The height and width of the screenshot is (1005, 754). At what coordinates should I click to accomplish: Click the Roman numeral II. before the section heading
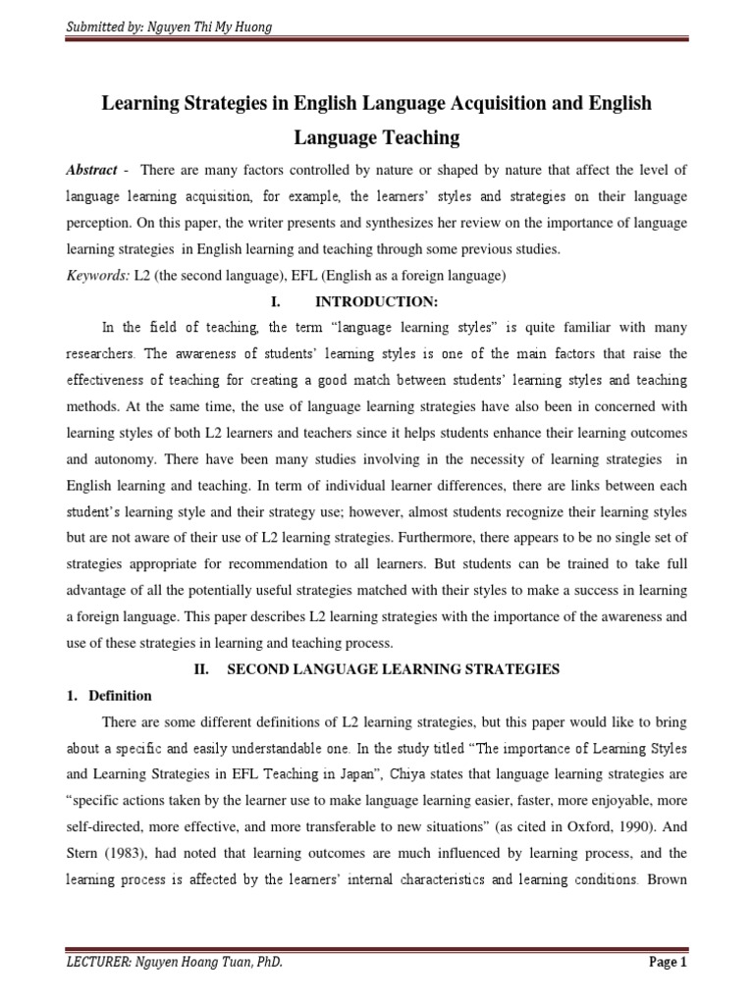196,669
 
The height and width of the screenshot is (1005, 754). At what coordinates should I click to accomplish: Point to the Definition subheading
120,696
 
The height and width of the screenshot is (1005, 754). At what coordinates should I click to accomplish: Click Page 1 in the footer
668,963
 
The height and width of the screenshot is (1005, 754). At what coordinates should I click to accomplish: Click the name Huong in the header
251,26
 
